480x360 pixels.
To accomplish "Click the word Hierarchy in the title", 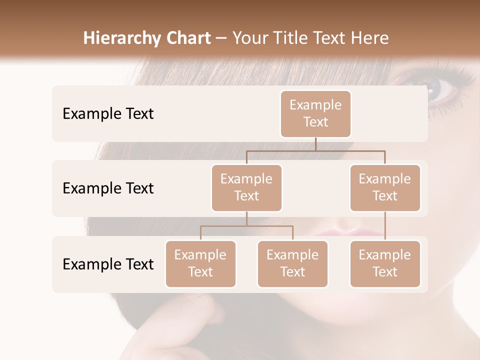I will coord(115,38).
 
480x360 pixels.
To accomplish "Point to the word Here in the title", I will coord(369,38).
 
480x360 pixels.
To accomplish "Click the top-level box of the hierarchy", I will coord(315,113).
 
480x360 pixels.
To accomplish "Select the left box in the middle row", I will coord(246,187).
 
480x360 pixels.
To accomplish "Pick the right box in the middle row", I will coord(385,187).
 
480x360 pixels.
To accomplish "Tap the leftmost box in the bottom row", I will coord(200,263).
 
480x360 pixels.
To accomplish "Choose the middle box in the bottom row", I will coord(292,263).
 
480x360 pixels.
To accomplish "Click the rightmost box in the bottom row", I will coord(385,263).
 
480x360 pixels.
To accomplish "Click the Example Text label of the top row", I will coord(108,113).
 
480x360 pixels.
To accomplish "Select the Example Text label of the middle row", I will coord(108,188).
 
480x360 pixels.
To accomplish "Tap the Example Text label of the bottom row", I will coord(108,264).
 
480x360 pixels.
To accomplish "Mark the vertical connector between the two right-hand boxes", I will coord(385,226).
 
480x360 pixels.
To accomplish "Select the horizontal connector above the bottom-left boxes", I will coord(246,226).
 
